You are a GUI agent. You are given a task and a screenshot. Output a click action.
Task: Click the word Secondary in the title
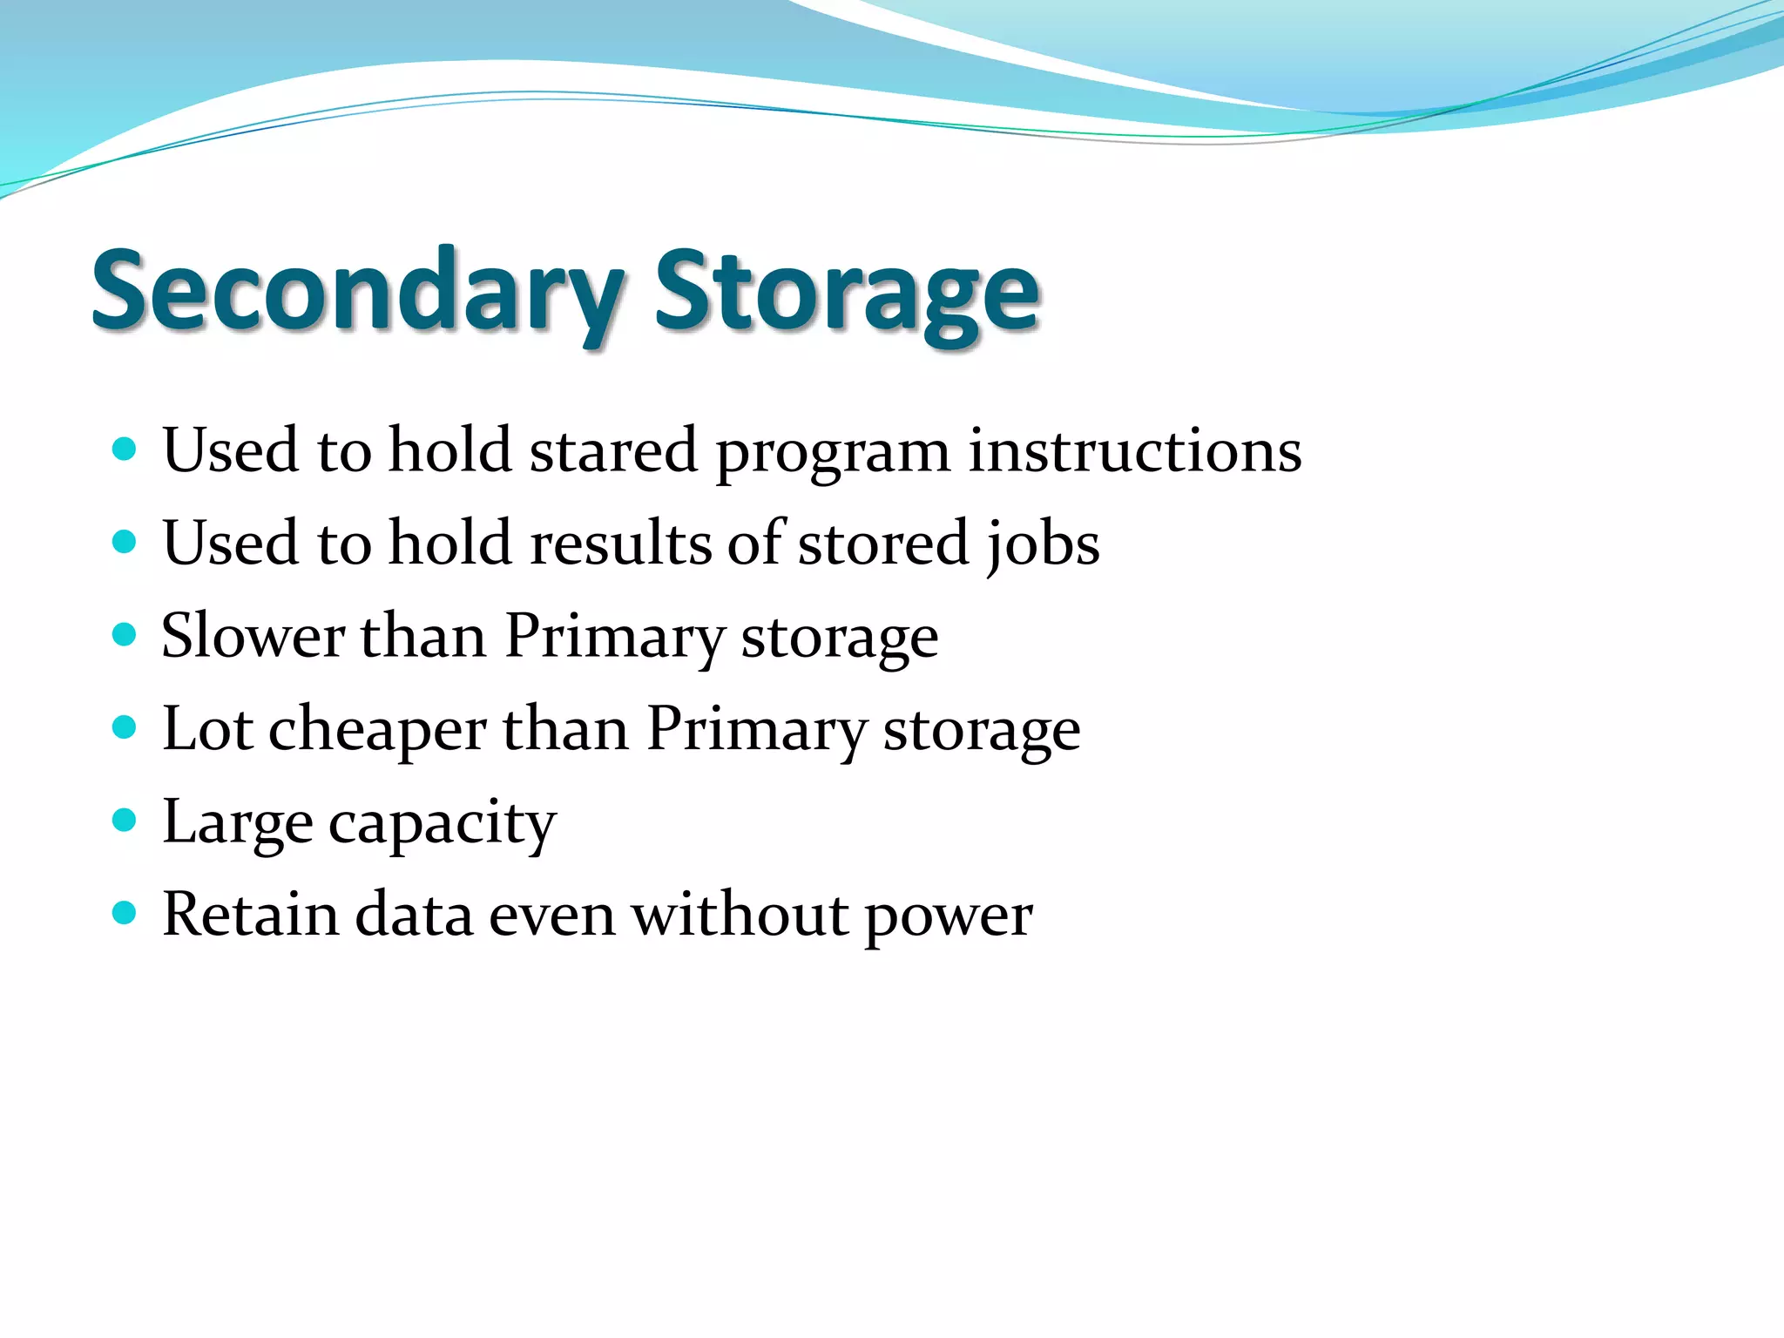[357, 292]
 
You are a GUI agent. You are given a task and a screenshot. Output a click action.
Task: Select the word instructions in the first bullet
[1135, 451]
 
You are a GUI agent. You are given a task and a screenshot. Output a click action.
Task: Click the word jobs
[1043, 545]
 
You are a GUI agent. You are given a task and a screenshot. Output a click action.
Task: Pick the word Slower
[253, 636]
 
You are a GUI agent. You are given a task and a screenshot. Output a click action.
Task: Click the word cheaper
[376, 730]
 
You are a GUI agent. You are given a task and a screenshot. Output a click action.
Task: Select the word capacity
[442, 824]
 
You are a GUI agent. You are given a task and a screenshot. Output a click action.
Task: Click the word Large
[237, 824]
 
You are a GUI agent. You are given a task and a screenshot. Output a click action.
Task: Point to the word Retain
[250, 915]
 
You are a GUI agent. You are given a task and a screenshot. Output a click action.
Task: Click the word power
[948, 918]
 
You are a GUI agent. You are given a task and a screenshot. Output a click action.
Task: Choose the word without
[739, 915]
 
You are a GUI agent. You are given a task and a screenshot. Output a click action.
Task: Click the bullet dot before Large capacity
[125, 820]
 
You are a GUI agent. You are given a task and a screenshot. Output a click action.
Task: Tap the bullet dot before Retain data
[125, 913]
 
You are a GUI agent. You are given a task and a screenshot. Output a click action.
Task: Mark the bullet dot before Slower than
[125, 633]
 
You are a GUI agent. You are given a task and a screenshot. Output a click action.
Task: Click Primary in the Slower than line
[614, 638]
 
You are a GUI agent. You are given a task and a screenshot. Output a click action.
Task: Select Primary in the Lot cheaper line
[756, 730]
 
